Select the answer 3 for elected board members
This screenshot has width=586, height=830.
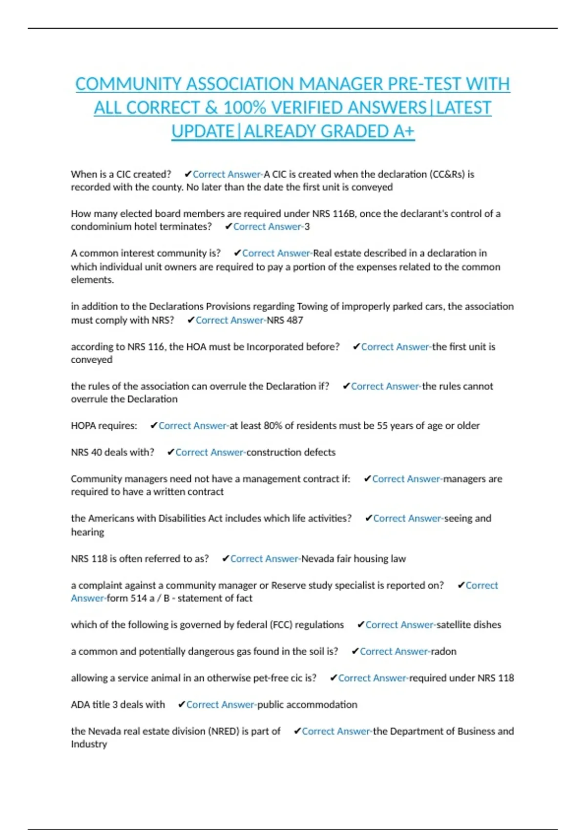coord(307,227)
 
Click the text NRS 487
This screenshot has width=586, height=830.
coord(285,320)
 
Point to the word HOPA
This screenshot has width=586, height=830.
coord(84,426)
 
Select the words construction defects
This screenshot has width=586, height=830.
coord(291,453)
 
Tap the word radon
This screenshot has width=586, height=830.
coord(443,651)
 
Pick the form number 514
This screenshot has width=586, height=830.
coord(138,598)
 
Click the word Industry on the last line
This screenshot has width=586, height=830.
coord(89,744)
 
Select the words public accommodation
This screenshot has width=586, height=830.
coord(307,705)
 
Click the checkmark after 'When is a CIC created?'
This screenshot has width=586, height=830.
coord(188,174)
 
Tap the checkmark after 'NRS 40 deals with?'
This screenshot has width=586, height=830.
coord(171,453)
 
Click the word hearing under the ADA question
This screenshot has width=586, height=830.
coord(87,532)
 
